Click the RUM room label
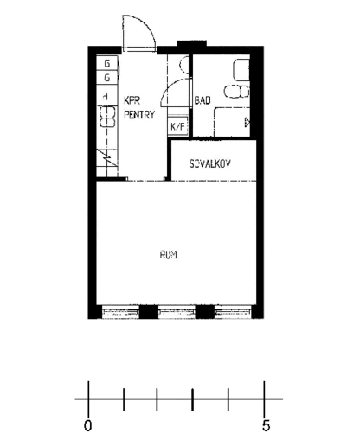pos(169,254)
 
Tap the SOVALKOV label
pos(209,163)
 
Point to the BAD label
pos(203,101)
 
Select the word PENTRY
pos(139,113)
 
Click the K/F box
pos(177,127)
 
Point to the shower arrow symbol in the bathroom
pos(247,123)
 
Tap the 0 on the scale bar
pos(87,425)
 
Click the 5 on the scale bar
pos(267,425)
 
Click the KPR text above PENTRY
pos(132,99)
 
